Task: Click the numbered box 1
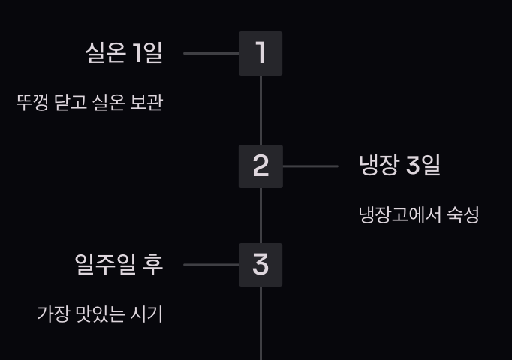(261, 53)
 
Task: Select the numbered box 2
(261, 166)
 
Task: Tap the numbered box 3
(261, 265)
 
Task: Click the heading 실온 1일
(124, 53)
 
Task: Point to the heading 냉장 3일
(399, 166)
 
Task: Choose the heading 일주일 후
(119, 264)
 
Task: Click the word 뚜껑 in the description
(33, 102)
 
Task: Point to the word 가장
(53, 313)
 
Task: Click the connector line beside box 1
(211, 54)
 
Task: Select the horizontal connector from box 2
(310, 166)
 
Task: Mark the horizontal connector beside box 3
(211, 265)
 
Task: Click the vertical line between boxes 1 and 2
(261, 110)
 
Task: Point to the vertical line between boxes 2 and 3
(261, 215)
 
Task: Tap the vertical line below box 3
(261, 322)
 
